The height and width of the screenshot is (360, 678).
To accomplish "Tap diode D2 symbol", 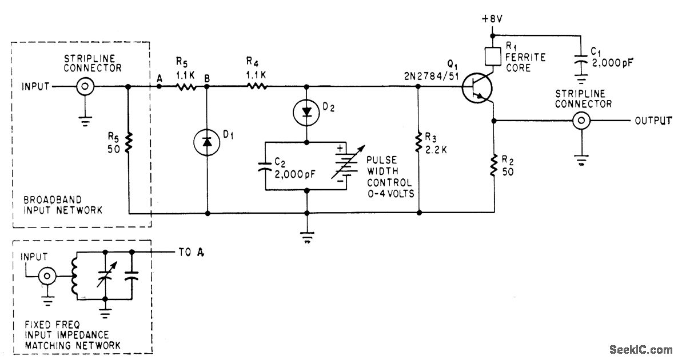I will (308, 113).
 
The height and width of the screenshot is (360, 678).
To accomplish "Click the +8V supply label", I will (492, 19).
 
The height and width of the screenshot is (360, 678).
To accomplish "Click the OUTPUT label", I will (653, 121).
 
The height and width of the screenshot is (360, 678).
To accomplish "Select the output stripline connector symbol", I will (581, 121).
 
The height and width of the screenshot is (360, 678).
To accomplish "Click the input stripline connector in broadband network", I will (86, 87).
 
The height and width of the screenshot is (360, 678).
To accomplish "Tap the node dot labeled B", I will (207, 87).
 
